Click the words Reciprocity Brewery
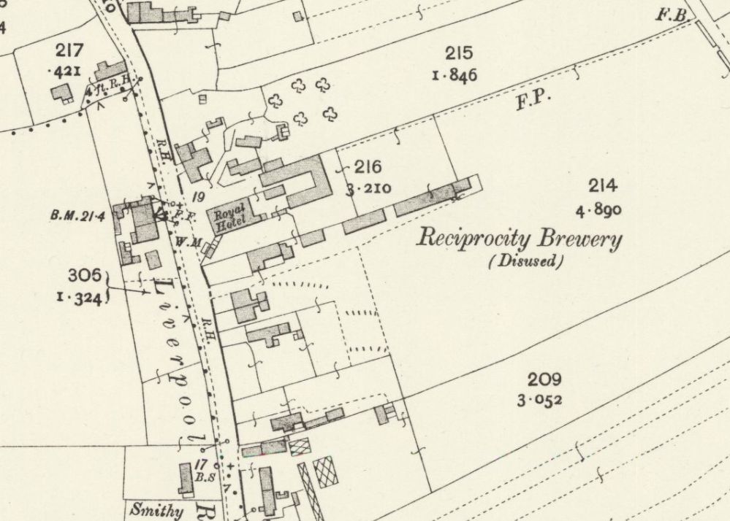[519, 239]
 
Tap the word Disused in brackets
[526, 261]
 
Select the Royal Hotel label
[229, 217]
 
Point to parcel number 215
[458, 53]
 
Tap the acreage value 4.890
[598, 211]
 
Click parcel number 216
[368, 167]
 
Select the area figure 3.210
[368, 190]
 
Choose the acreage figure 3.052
[541, 400]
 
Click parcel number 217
[69, 50]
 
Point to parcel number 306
[83, 275]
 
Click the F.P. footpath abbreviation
[533, 101]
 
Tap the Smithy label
[156, 510]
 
